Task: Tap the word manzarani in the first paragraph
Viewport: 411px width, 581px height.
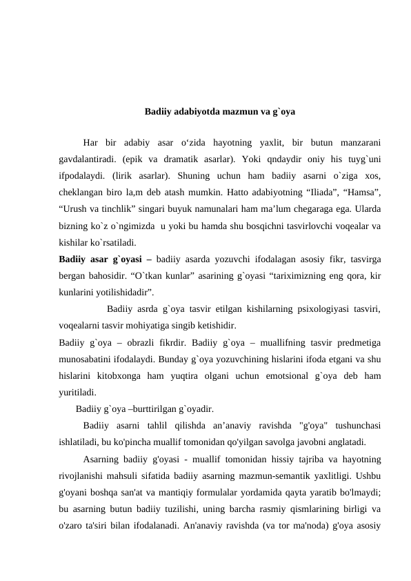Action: (x=357, y=144)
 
